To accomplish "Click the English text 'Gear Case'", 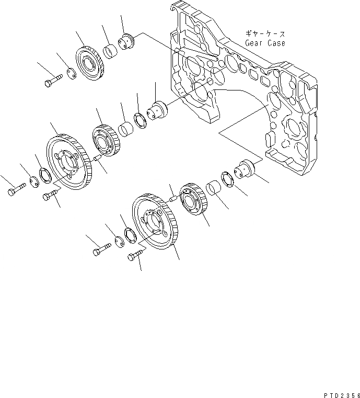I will (x=265, y=43).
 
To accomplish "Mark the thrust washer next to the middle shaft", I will (x=141, y=120).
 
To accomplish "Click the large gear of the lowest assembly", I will (x=154, y=220).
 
